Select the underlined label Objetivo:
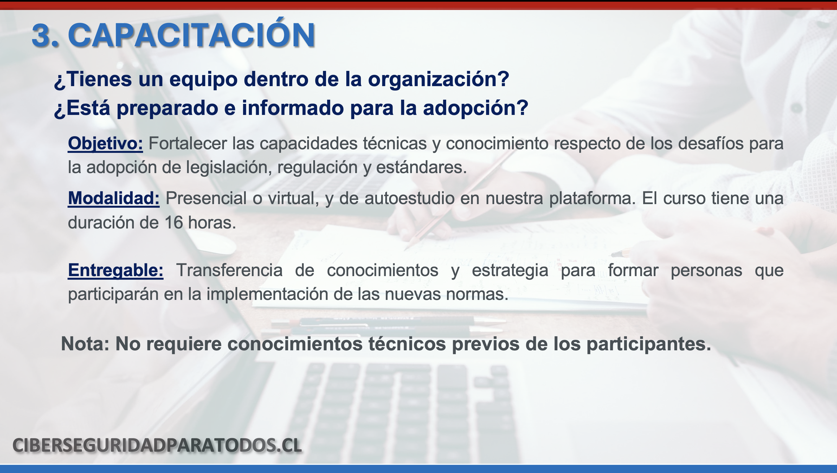tap(105, 144)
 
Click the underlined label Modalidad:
tap(114, 198)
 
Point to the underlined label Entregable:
tap(116, 271)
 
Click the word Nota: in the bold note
tap(86, 344)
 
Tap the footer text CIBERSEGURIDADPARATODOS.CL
tap(157, 445)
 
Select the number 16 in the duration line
tap(174, 223)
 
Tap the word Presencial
tap(206, 198)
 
